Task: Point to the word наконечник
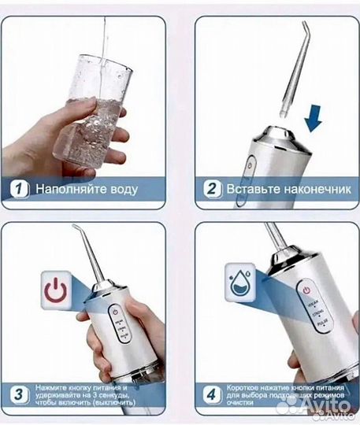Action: click(303, 190)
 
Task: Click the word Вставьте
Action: click(249, 190)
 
